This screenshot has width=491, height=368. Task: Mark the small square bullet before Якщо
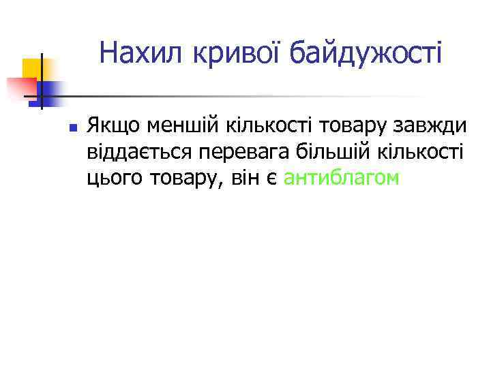72,127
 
